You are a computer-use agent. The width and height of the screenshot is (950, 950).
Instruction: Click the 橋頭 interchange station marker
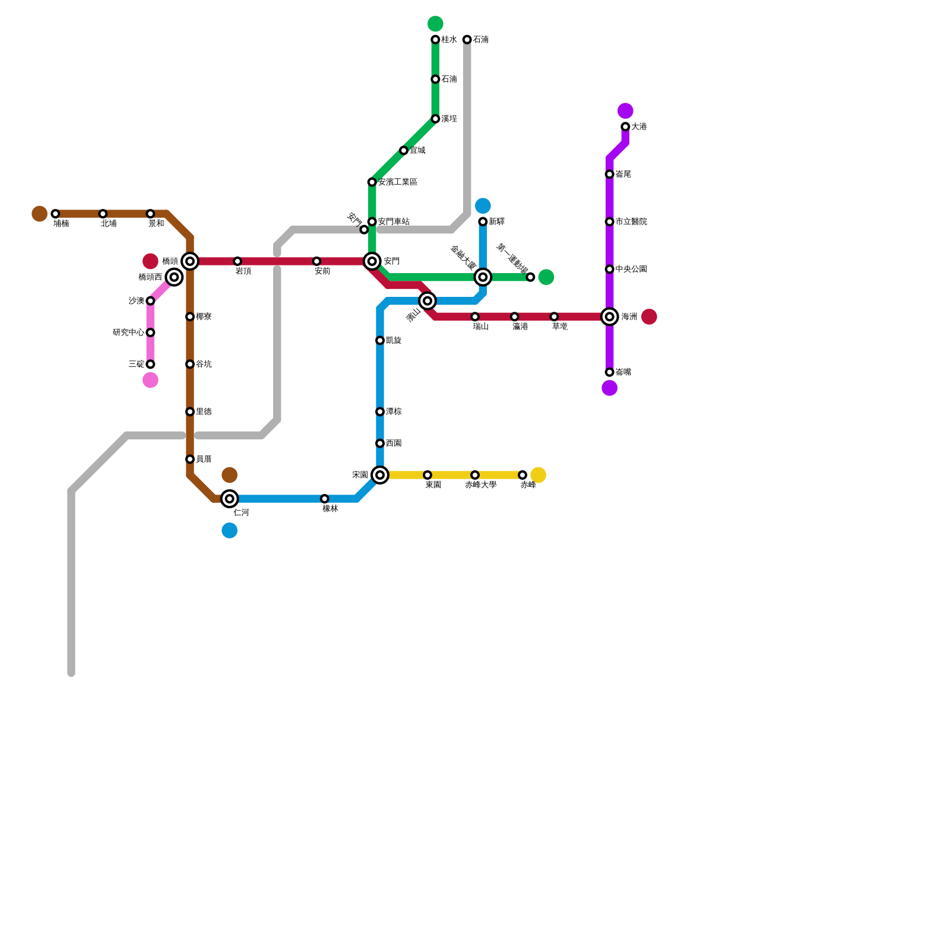[x=190, y=261]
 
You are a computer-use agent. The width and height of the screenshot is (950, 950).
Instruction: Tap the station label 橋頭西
[x=150, y=277]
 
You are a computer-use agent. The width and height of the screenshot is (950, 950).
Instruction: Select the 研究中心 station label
[x=128, y=332]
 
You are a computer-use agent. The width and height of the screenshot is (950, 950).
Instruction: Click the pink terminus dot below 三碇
[x=151, y=380]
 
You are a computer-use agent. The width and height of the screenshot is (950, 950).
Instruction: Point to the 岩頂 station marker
[x=237, y=261]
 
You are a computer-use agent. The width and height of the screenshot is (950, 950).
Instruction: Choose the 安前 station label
[x=322, y=271]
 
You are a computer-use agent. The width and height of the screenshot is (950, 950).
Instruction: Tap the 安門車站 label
[x=394, y=222]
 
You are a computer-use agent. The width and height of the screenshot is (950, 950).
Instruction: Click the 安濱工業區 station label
[x=397, y=182]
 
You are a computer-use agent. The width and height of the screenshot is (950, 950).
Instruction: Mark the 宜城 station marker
[x=404, y=151]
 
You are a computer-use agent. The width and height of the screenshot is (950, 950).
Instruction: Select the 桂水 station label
[x=449, y=40]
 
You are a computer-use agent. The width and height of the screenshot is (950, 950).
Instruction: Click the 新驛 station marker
[x=483, y=222]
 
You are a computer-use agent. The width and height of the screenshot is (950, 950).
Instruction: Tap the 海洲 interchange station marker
[x=610, y=317]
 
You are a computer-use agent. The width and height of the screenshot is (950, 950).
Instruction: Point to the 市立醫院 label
[x=631, y=222]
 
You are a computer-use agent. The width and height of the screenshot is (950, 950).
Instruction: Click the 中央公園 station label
[x=631, y=270]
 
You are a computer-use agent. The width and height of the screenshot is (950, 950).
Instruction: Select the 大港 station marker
[x=625, y=127]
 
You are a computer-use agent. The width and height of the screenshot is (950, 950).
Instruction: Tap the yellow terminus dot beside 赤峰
[x=539, y=475]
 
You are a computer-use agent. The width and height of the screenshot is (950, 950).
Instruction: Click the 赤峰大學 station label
[x=480, y=485]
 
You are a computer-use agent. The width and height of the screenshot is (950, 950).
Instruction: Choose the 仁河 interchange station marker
[x=230, y=499]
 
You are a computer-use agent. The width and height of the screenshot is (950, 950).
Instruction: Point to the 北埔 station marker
[x=103, y=214]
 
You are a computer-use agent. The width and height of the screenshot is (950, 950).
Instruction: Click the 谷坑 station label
[x=204, y=365]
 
